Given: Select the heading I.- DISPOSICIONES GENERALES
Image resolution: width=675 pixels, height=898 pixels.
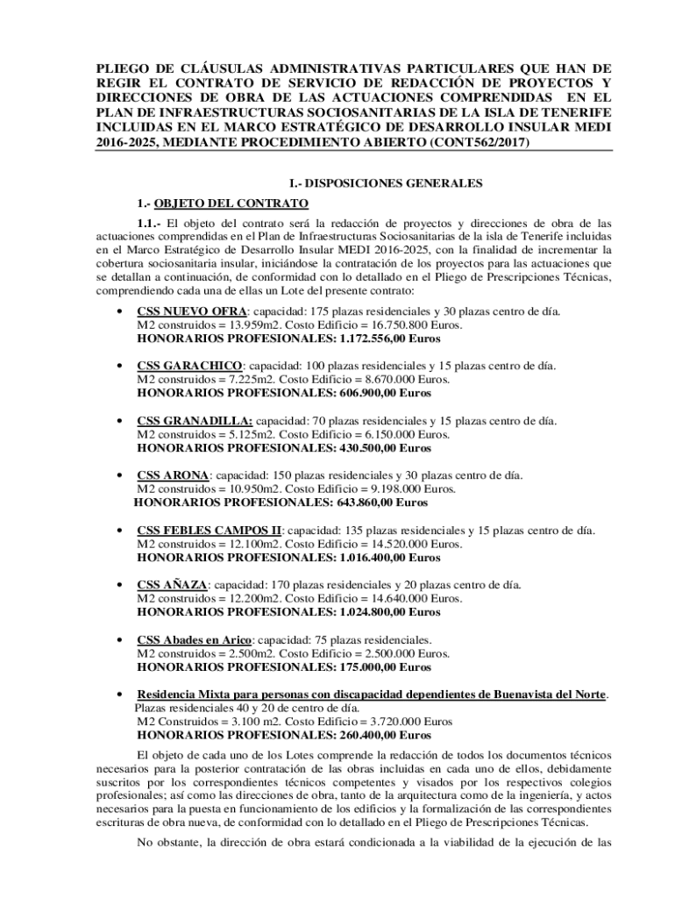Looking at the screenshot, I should coord(387,183).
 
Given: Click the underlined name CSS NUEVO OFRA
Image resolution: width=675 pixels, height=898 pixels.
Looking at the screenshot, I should coord(192,311).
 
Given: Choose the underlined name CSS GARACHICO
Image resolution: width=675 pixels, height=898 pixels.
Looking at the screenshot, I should coord(189,366).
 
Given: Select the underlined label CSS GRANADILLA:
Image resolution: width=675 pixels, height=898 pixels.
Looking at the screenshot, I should coord(195,421).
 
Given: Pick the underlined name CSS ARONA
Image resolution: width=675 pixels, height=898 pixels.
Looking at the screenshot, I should coord(173,475).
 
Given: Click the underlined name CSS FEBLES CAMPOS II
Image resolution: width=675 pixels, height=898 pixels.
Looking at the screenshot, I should coord(210,531).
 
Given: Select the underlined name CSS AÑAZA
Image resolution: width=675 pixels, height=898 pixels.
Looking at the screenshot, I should coord(172,585).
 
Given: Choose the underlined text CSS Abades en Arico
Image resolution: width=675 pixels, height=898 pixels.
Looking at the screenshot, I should coord(194,639).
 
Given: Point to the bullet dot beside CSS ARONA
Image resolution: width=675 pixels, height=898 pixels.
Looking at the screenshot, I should coord(118,476).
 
